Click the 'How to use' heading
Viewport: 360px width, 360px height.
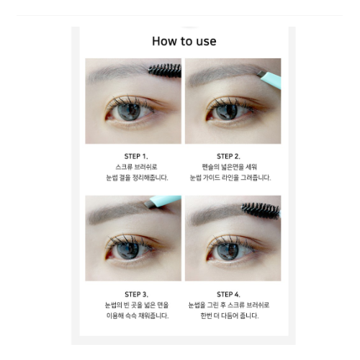tap(184, 41)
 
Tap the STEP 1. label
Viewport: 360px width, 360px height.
tap(135, 156)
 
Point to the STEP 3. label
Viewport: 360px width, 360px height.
tap(135, 294)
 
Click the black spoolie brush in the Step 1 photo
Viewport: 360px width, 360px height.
tap(164, 70)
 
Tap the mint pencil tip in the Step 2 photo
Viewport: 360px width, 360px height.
tap(269, 76)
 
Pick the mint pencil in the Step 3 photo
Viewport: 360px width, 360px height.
tap(166, 202)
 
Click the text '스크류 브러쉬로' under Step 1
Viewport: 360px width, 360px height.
tap(135, 166)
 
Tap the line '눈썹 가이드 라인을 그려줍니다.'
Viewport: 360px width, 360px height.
tap(230, 177)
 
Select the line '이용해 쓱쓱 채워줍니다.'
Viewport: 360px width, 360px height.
tap(136, 315)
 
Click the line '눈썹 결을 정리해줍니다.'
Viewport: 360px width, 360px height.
tap(136, 177)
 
